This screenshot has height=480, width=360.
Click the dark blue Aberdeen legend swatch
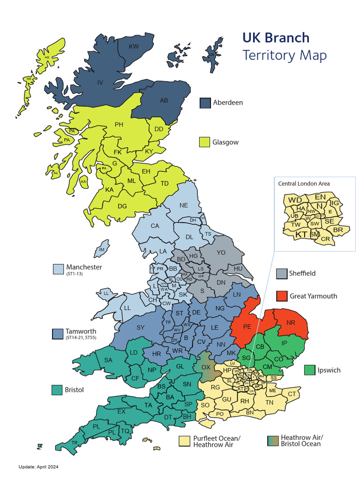tap(205, 103)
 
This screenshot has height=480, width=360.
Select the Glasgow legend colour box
tap(205, 142)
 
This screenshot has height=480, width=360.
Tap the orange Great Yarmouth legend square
tap(281, 296)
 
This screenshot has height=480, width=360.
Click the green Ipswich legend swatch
tap(309, 370)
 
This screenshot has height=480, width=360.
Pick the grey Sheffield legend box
tap(281, 273)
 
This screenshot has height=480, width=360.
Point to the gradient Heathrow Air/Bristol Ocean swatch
tap(273, 441)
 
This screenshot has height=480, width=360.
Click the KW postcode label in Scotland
tap(134, 46)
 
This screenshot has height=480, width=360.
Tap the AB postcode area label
tap(164, 100)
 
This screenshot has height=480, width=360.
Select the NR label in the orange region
tap(291, 322)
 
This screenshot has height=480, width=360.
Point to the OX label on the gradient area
tap(206, 367)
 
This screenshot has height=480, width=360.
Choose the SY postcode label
tap(141, 327)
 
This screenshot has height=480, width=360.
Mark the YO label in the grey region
tap(221, 252)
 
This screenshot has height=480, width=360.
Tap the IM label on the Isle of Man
tap(101, 249)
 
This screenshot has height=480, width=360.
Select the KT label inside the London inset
tap(301, 234)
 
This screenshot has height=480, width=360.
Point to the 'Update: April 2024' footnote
tap(38, 467)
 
